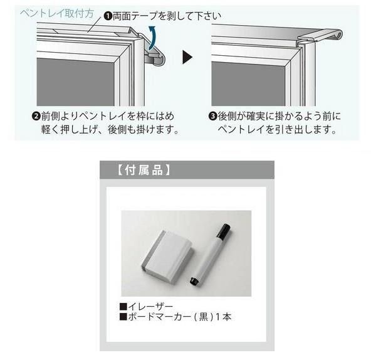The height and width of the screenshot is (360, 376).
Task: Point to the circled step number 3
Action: (x=212, y=116)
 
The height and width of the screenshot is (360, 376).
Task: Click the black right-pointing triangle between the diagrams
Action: (x=187, y=58)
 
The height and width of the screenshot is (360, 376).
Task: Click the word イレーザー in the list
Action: (x=150, y=306)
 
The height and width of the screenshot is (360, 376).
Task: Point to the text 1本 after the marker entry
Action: (x=224, y=317)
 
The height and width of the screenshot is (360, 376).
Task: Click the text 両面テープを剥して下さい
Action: (x=167, y=13)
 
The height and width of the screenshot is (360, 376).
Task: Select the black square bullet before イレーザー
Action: (x=123, y=306)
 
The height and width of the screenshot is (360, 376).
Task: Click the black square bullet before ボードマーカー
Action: (x=123, y=317)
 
